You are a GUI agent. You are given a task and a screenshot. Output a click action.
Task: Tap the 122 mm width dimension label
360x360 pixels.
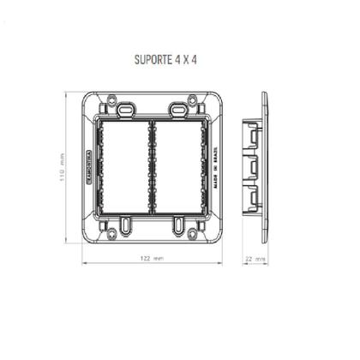pyautogui.click(x=151, y=257)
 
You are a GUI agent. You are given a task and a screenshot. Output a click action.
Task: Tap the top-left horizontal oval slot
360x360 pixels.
pyautogui.click(x=126, y=110)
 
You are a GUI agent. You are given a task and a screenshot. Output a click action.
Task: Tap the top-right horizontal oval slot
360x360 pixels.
pyautogui.click(x=177, y=110)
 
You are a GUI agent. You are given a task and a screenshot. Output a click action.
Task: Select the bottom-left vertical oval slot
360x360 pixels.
pyautogui.click(x=126, y=225)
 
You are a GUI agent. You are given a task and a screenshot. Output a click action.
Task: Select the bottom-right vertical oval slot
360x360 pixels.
pyautogui.click(x=177, y=225)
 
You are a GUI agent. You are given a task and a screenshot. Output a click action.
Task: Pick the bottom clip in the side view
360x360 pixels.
pyautogui.click(x=252, y=200)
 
